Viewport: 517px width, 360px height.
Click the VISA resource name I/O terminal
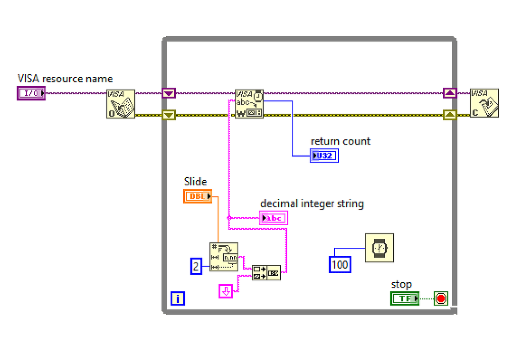31,93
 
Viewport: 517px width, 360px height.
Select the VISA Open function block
121,104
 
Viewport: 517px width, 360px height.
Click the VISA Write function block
249,104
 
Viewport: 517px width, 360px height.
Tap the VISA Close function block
484,104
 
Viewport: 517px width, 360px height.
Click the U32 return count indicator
324,156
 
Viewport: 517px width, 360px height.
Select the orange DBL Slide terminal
197,196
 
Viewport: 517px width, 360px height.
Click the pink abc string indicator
274,218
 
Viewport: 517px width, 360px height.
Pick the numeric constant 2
196,266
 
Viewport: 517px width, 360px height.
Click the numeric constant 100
340,264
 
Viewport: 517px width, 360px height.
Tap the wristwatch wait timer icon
379,248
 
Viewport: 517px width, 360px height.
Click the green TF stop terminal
404,298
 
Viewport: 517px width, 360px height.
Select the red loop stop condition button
441,298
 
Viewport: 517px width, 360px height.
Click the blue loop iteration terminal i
177,298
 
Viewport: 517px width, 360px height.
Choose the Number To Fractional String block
224,256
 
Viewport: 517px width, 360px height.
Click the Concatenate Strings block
266,272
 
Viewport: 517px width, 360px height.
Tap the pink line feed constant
226,291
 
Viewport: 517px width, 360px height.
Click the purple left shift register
169,93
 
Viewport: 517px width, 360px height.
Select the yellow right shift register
450,115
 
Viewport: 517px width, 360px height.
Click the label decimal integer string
312,204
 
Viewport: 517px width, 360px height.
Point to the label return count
340,141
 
